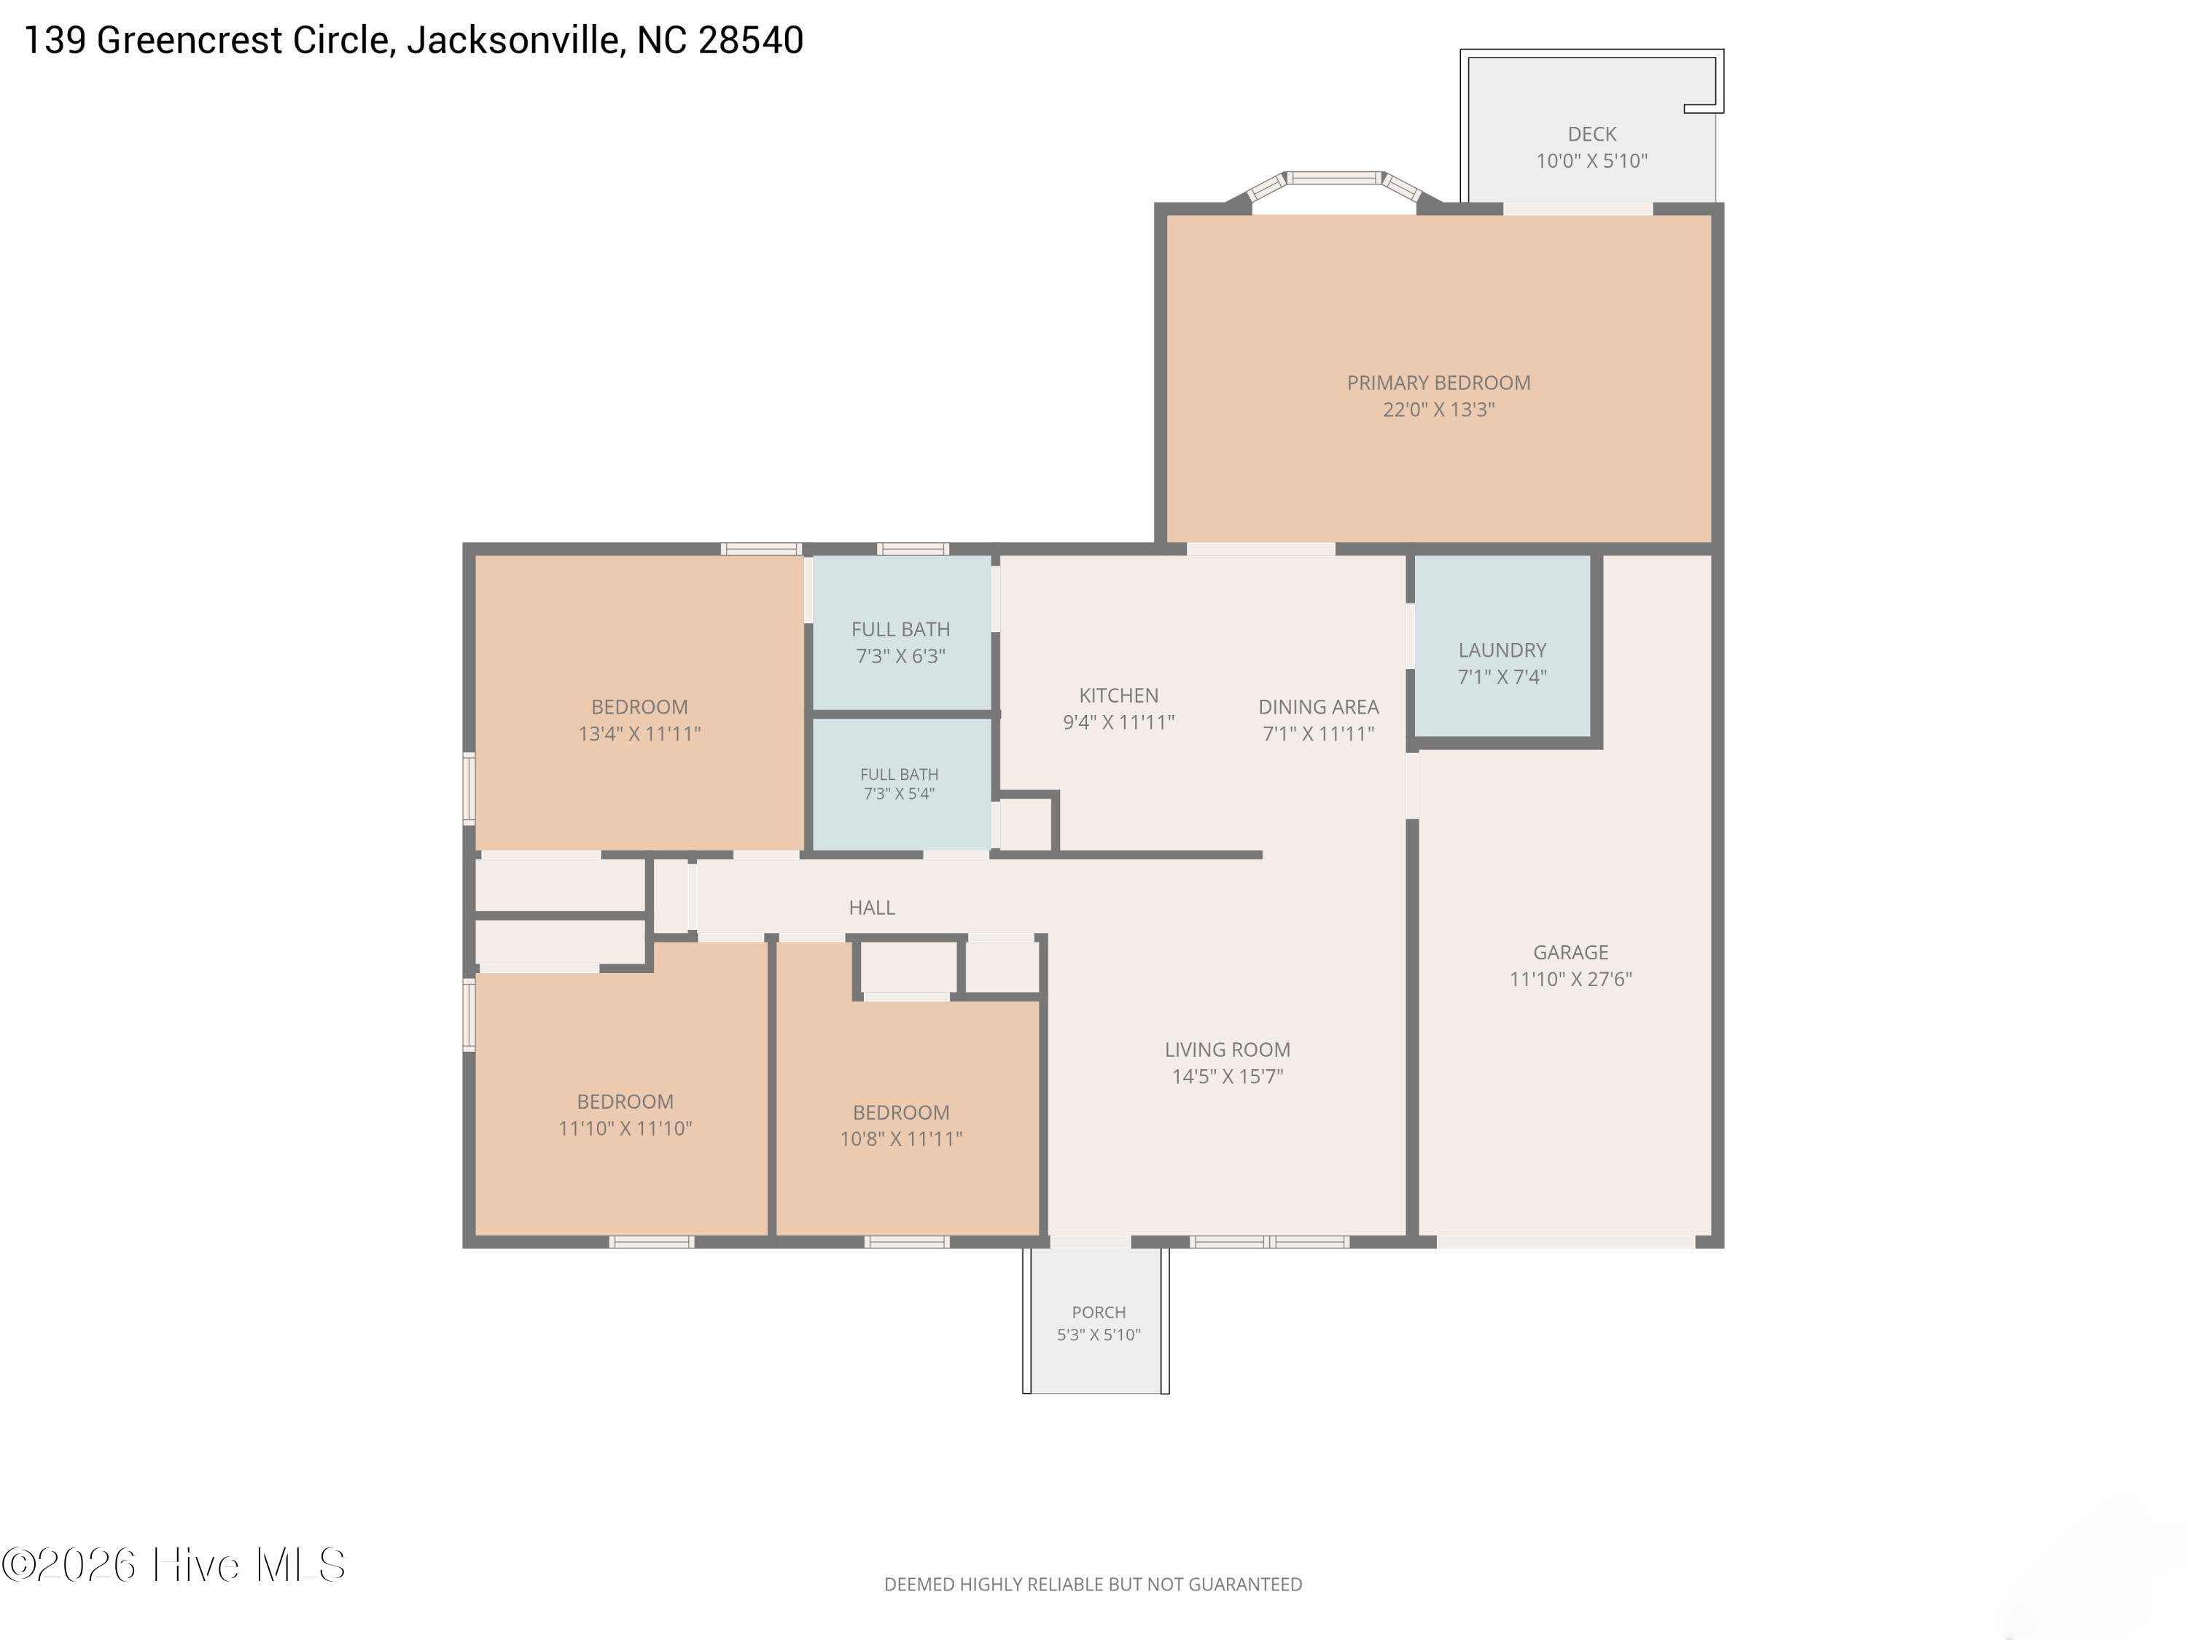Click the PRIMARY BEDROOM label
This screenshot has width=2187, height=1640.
1438,383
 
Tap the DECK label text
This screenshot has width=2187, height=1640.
1592,133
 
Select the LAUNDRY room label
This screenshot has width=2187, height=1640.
1502,649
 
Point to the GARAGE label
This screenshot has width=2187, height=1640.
1570,952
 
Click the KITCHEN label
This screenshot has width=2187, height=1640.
1118,695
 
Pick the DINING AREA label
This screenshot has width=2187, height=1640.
1318,707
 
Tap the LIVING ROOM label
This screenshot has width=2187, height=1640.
1227,1050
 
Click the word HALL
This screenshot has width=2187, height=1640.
872,907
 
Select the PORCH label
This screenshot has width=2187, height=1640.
1099,1312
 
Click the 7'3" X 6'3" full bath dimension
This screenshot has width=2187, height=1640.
901,655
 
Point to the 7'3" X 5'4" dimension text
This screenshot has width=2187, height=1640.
899,793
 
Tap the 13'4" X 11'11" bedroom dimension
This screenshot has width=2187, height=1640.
639,733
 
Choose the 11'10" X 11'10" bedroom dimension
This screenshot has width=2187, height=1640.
625,1128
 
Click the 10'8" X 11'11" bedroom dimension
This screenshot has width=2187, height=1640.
901,1139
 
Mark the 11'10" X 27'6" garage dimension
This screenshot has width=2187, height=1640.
1570,979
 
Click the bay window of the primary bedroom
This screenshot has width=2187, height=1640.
1335,186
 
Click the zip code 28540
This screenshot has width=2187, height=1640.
750,41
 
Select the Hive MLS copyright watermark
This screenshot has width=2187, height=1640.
174,1565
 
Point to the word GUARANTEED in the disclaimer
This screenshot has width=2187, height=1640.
1245,1585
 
